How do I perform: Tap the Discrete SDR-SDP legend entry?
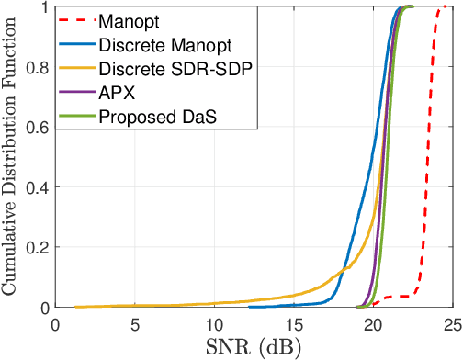(x=171, y=68)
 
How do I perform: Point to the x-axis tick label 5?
(x=135, y=323)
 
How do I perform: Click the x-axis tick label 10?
(x=214, y=323)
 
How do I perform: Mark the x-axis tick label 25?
(x=449, y=323)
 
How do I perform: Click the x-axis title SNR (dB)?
(x=254, y=346)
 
